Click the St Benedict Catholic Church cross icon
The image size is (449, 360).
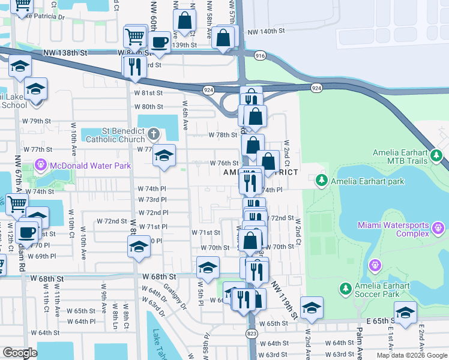click(x=154, y=133)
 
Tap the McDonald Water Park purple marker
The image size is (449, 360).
click(x=41, y=163)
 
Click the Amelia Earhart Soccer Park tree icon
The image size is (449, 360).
click(x=346, y=289)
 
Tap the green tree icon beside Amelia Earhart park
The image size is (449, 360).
click(x=322, y=179)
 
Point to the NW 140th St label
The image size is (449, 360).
click(x=264, y=31)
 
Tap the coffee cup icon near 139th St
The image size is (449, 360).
click(x=160, y=41)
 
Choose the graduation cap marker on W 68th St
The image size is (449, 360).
click(x=208, y=267)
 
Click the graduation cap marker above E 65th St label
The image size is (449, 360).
click(x=406, y=312)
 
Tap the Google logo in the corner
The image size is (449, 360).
click(x=20, y=353)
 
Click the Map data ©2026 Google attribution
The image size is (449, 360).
click(x=412, y=355)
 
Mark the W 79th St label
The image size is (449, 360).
click(x=37, y=121)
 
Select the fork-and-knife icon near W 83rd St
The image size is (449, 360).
click(x=134, y=65)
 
